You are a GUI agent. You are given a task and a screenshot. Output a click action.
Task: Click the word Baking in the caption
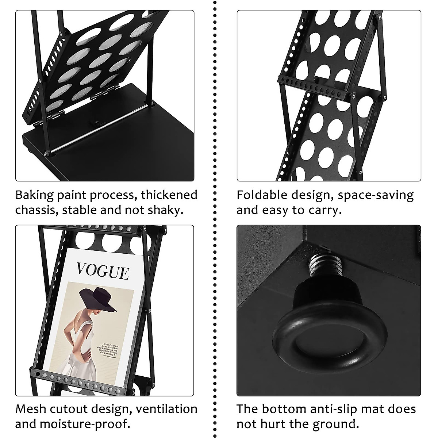click(x=34, y=195)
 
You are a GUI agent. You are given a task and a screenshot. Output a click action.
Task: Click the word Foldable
click(x=261, y=195)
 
